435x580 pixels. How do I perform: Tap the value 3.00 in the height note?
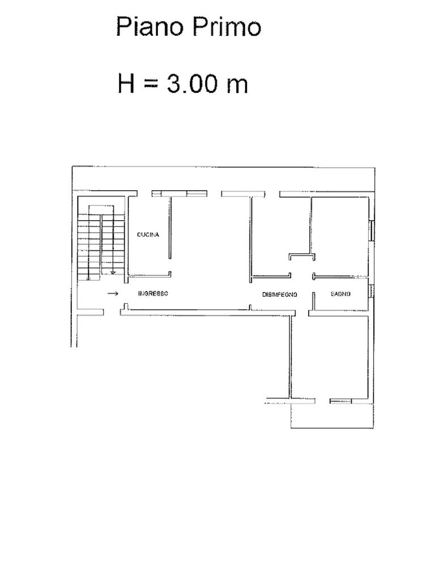[x=192, y=83]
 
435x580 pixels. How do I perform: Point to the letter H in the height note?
[x=126, y=83]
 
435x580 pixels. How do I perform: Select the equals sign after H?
[x=151, y=84]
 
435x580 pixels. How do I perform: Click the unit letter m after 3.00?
[x=237, y=86]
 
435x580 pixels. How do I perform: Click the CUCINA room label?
[x=148, y=234]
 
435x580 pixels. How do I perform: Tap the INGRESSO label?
[x=153, y=293]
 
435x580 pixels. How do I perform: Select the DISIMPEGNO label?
[x=280, y=295]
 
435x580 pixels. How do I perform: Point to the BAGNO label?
[x=340, y=294]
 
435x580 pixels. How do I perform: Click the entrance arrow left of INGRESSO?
[x=113, y=294]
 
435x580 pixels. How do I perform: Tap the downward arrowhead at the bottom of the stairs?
[x=113, y=272]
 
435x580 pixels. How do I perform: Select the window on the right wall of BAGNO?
[x=371, y=291]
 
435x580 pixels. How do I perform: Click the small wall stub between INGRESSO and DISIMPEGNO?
[x=250, y=307]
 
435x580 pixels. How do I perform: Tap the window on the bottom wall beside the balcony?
[x=340, y=401]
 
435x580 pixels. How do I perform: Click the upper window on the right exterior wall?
[x=372, y=231]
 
